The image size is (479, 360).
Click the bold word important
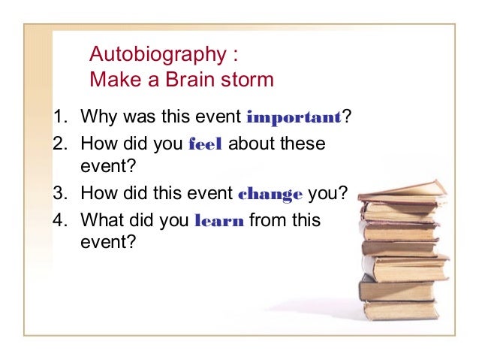pyautogui.click(x=294, y=117)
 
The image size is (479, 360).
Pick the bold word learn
pyautogui.click(x=218, y=221)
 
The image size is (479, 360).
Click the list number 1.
pyautogui.click(x=59, y=117)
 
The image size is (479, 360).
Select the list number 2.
pyautogui.click(x=59, y=144)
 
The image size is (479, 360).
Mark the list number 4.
pyautogui.click(x=59, y=221)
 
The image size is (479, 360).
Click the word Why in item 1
pyautogui.click(x=97, y=117)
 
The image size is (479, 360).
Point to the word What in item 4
pyautogui.click(x=100, y=221)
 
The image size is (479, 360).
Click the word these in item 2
pyautogui.click(x=303, y=144)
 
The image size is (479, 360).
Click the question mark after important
pyautogui.click(x=348, y=117)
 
